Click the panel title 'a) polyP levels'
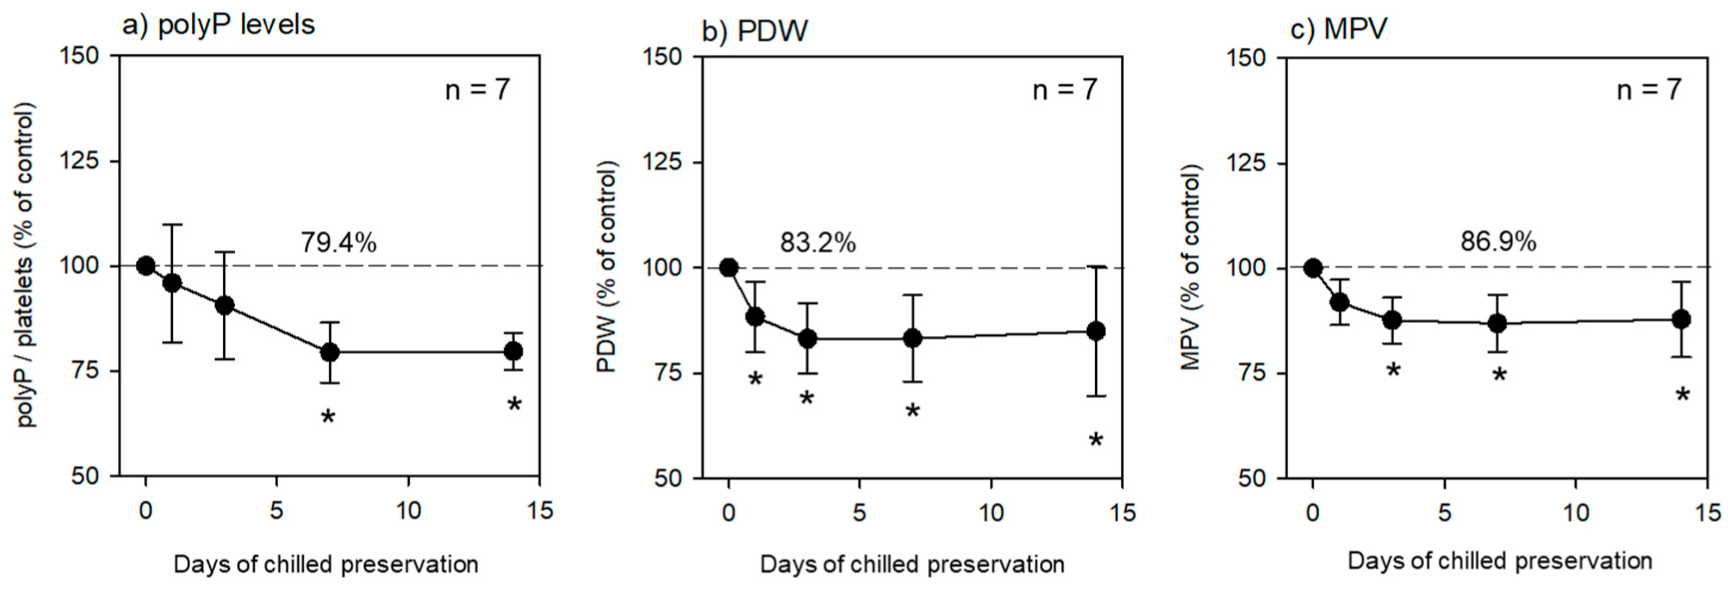[x=218, y=25]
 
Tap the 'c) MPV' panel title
[x=1339, y=29]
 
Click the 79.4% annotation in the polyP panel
[x=338, y=242]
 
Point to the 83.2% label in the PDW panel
[x=818, y=243]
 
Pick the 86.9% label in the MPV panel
[x=1498, y=241]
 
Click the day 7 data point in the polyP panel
[x=329, y=351]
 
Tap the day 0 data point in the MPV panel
[x=1313, y=268]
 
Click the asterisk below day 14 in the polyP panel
[x=514, y=404]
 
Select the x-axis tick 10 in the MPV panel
[x=1576, y=513]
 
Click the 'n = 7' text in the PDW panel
[x=1065, y=90]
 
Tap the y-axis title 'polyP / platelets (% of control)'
[x=25, y=265]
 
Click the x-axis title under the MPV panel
[x=1499, y=561]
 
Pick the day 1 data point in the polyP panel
[x=172, y=282]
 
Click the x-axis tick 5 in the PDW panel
[x=860, y=513]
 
